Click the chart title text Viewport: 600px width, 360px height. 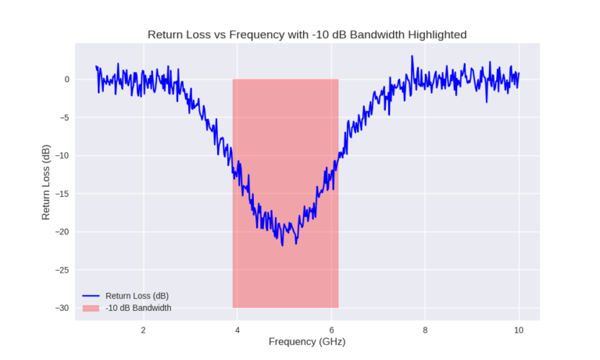pos(308,35)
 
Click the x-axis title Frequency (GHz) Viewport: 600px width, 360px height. pos(307,341)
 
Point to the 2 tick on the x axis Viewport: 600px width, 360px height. pos(143,329)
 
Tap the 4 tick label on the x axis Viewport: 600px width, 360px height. pos(237,329)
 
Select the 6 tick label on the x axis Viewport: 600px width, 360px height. pos(331,329)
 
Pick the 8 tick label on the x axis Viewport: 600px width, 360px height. pos(425,329)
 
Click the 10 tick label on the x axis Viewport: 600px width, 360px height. pos(519,329)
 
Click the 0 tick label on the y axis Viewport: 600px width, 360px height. pos(67,80)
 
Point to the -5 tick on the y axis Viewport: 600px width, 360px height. pos(65,118)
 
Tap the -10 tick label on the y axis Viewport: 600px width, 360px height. pos(62,155)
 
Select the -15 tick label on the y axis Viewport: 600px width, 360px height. pos(62,194)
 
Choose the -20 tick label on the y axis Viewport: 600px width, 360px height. pos(62,232)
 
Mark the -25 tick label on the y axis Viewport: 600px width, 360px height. pos(62,270)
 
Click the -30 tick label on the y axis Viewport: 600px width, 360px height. pos(62,308)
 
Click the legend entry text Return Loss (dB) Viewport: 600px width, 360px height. pos(137,296)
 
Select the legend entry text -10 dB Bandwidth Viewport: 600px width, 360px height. pos(138,308)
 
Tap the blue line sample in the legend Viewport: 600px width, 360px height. pos(91,296)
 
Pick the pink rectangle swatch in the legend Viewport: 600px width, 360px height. pos(91,308)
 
